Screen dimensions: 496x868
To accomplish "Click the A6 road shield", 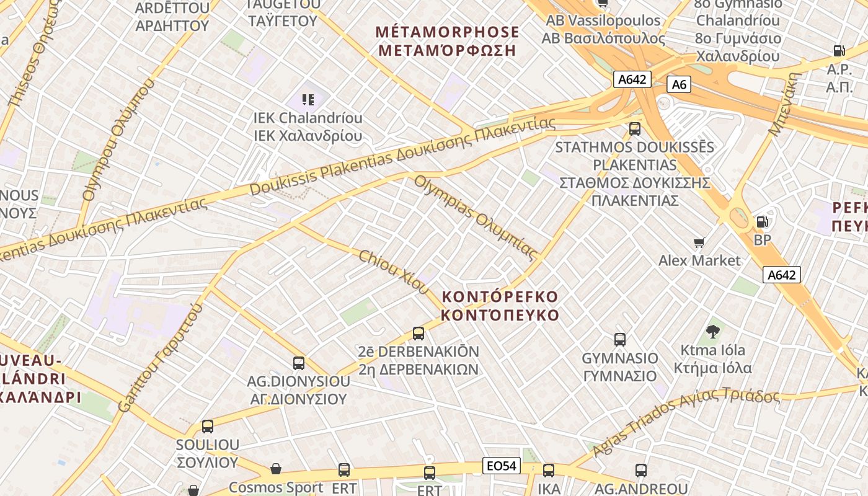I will (679, 84).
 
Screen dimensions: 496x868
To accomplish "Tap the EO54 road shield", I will (501, 466).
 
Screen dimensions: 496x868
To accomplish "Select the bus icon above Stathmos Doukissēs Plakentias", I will (634, 129).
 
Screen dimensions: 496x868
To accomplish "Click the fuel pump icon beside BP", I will (762, 221).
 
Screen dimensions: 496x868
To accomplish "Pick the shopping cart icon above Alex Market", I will (699, 242).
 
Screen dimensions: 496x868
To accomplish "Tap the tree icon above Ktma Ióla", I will (713, 332).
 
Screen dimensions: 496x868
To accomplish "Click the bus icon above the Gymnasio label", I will (619, 339).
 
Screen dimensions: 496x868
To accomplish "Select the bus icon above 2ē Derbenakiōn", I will (418, 334).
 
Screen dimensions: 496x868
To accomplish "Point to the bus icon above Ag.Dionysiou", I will (299, 363).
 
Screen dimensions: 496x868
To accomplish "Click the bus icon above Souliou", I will (208, 427).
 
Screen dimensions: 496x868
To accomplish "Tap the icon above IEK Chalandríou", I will (308, 99).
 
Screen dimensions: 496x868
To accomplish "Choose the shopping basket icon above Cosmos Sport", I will (276, 469).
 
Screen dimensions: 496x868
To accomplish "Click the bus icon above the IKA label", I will (549, 471).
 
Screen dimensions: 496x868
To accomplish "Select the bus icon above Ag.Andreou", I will (641, 471).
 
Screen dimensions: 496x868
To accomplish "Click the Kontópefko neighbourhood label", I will (500, 306).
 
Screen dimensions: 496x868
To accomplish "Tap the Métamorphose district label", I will (448, 41).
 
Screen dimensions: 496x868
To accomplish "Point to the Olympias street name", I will (475, 216).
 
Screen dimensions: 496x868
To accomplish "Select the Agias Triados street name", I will (685, 420).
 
